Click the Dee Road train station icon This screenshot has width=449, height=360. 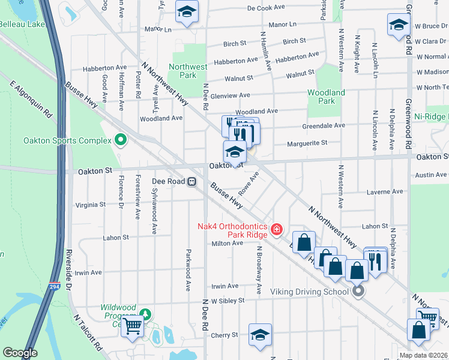[192, 181]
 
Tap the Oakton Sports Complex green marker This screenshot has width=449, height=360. [120, 140]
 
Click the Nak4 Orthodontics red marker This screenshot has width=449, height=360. [277, 229]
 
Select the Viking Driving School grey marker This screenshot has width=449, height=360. [358, 292]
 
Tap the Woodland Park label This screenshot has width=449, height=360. [326, 97]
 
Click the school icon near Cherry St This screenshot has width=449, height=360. [260, 335]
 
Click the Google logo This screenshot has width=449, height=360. [20, 353]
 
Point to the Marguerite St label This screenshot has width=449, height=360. [307, 143]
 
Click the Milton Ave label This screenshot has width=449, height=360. [227, 243]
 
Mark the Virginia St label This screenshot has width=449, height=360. [90, 204]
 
